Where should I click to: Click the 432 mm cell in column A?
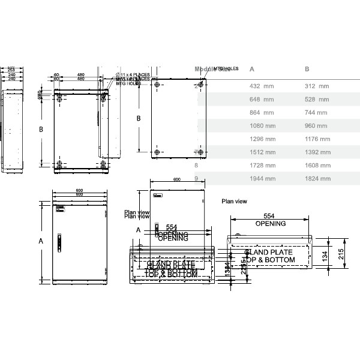pos(262,86)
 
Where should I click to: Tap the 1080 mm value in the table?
pos(262,126)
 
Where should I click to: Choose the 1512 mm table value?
pos(262,152)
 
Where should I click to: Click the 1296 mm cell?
pos(262,139)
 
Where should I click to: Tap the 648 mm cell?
pos(262,100)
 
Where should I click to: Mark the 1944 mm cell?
pos(262,179)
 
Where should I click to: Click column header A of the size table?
pos(252,69)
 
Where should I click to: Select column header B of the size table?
pos(307,69)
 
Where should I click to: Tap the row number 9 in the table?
pos(197,179)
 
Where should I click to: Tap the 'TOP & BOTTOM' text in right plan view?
pos(271,260)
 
